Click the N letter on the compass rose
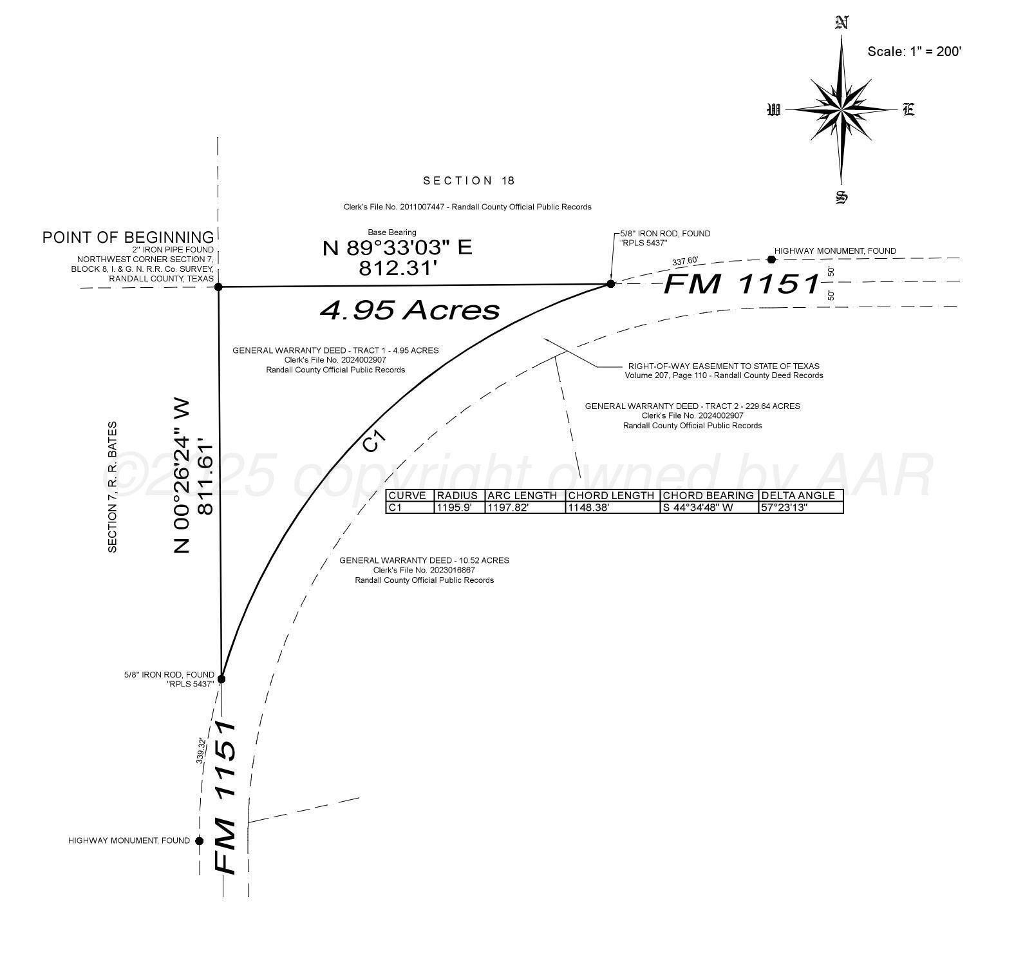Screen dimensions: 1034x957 [841, 23]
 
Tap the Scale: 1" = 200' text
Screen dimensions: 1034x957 [914, 52]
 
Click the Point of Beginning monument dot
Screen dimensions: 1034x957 [218, 287]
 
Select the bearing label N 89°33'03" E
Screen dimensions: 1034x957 [397, 247]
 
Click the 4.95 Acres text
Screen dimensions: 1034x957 [409, 310]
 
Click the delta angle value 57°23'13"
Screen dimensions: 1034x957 [784, 507]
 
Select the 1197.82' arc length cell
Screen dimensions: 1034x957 [508, 507]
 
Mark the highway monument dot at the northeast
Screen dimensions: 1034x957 [772, 260]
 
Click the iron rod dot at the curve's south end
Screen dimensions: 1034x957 [221, 679]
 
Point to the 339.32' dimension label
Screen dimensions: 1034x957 [201, 751]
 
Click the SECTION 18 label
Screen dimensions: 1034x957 [469, 180]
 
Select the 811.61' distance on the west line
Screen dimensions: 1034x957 [205, 476]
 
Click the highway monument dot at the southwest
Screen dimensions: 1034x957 [200, 840]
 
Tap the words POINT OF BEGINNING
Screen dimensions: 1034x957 [128, 237]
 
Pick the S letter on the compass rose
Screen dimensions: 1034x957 [841, 197]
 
